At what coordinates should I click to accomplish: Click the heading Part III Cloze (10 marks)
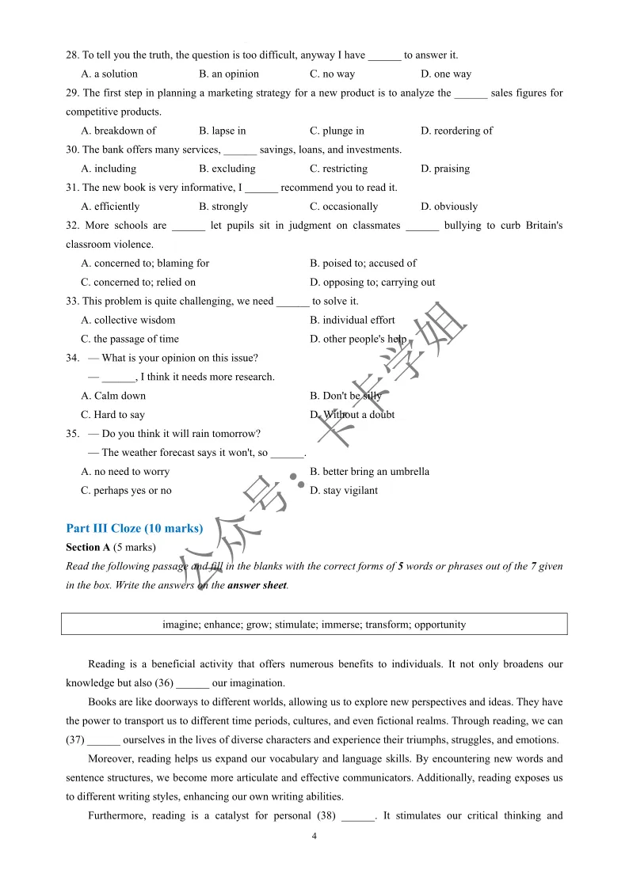[134, 528]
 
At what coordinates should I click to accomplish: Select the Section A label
[88, 547]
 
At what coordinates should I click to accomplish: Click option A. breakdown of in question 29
[118, 131]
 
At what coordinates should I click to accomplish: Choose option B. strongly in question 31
[223, 207]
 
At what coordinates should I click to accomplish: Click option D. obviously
[449, 207]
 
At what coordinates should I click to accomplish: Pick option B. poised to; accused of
[363, 263]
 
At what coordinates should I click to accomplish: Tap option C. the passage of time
[130, 339]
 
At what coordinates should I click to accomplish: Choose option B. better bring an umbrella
[369, 472]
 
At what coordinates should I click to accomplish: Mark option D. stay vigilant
[344, 491]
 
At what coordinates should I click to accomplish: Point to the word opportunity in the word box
[440, 624]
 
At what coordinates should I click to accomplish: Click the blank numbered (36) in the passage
[193, 683]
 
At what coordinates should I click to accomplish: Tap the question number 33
[72, 301]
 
